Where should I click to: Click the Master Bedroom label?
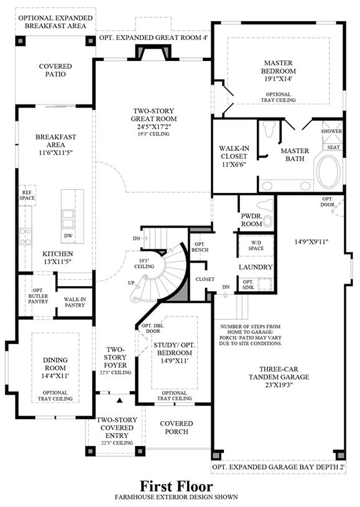[x=279, y=67]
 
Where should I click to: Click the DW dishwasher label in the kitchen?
[x=68, y=236]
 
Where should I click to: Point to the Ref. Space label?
[x=27, y=195]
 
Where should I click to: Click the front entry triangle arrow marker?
[x=120, y=400]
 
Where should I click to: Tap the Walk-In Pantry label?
[x=75, y=302]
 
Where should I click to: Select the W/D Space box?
[x=256, y=246]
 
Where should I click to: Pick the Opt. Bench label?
[x=200, y=247]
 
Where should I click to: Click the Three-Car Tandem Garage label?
[x=279, y=373]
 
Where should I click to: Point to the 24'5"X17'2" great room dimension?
[x=154, y=126]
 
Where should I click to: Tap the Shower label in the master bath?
[x=331, y=131]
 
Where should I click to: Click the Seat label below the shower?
[x=333, y=147]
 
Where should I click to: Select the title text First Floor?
[x=177, y=486]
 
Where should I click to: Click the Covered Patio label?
[x=55, y=70]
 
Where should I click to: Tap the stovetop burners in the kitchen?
[x=25, y=236]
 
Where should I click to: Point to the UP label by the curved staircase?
[x=131, y=283]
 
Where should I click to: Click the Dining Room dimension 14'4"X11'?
[x=55, y=376]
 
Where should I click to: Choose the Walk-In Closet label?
[x=234, y=156]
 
